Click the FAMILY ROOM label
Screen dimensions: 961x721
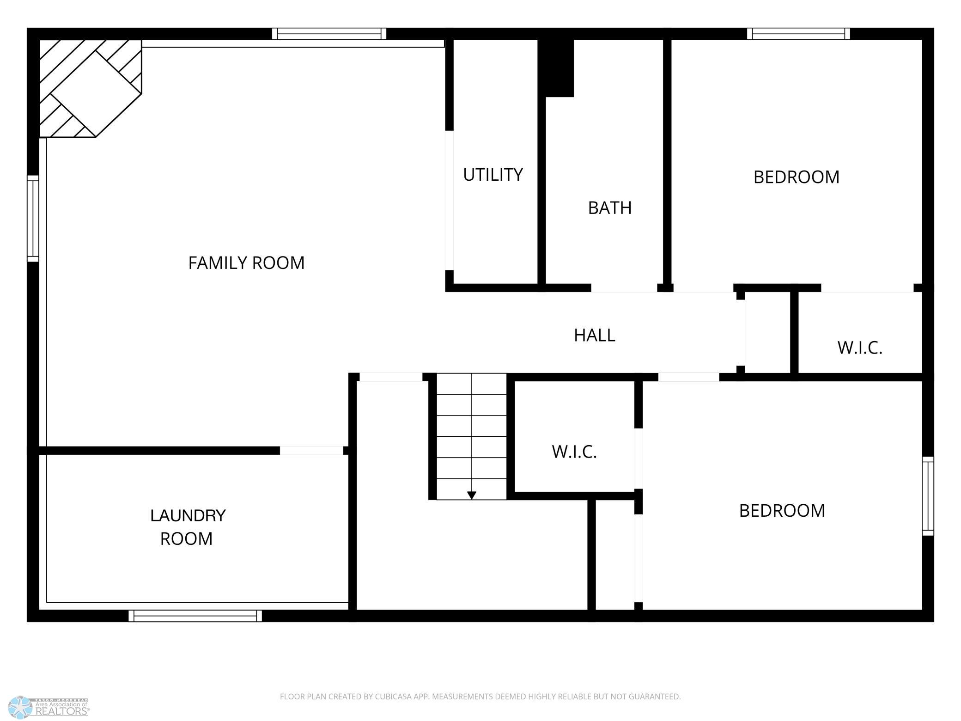click(x=246, y=263)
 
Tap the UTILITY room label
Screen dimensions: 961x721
click(x=493, y=175)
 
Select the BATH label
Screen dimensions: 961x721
click(x=610, y=208)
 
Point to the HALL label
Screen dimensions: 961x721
click(x=595, y=335)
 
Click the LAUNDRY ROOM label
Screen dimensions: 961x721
click(x=188, y=527)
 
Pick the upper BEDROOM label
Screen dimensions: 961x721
click(x=797, y=177)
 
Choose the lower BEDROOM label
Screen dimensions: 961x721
click(x=782, y=511)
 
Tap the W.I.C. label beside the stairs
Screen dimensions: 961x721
click(x=574, y=452)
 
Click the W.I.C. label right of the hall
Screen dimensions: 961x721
click(x=860, y=348)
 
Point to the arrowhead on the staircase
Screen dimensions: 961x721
click(x=472, y=495)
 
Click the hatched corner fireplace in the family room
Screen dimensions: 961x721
click(x=91, y=88)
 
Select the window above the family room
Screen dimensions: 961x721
click(x=329, y=34)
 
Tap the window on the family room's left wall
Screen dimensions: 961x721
click(x=33, y=218)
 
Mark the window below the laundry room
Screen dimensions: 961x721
click(x=195, y=616)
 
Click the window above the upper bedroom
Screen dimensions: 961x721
click(x=798, y=34)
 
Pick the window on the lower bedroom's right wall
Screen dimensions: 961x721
click(x=928, y=496)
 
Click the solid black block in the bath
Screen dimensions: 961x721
click(x=557, y=68)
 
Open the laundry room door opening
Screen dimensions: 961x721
click(x=312, y=451)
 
